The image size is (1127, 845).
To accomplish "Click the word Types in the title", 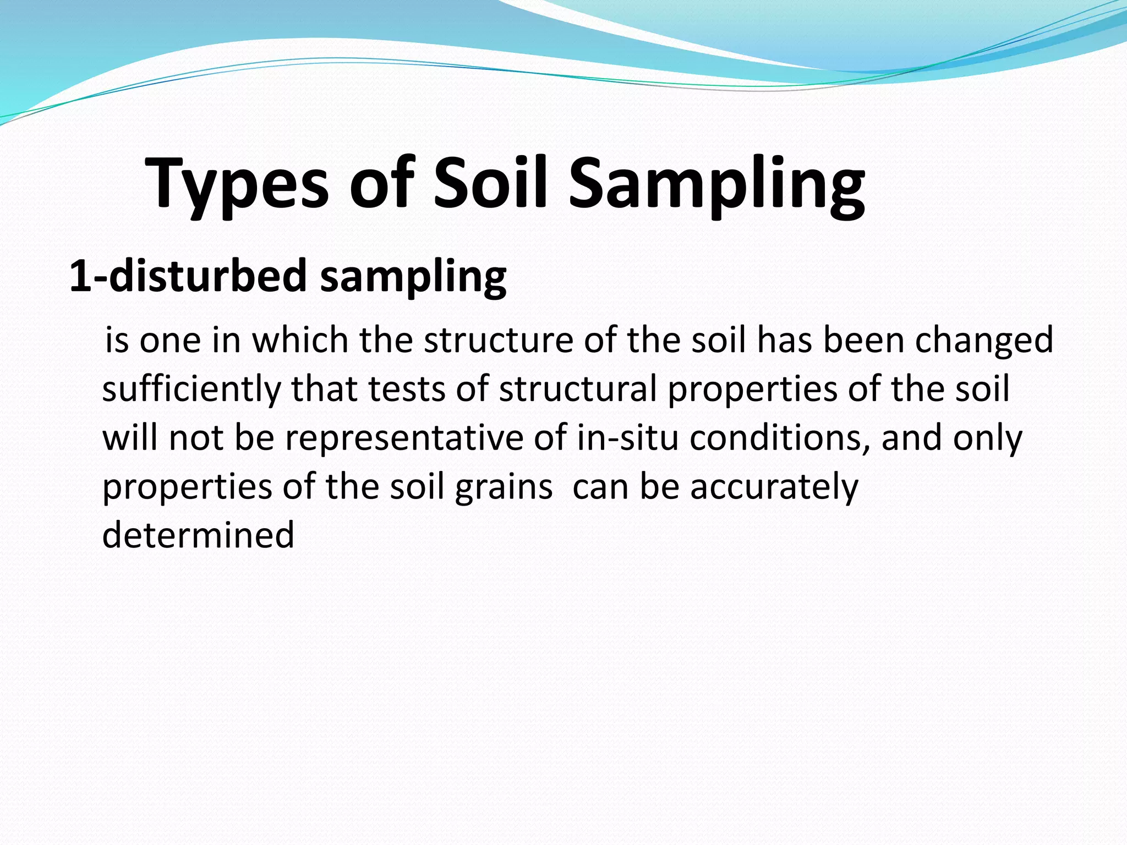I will (237, 184).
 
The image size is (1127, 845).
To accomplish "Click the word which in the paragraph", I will (300, 339).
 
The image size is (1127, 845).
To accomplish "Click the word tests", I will (406, 389).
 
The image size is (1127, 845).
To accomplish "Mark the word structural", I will (578, 389).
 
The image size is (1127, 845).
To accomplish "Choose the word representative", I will (404, 438).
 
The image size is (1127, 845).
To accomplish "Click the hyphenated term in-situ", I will (627, 437).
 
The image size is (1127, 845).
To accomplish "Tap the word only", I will (988, 438).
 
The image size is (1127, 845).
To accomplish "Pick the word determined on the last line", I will (198, 535).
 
